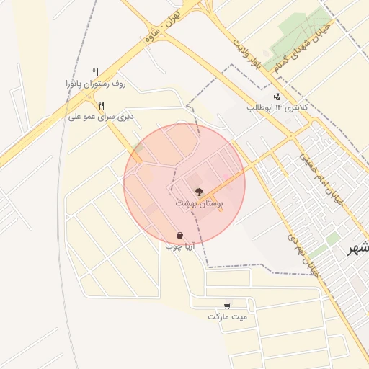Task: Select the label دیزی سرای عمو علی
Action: tap(102, 115)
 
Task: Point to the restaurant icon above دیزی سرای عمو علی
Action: tap(102, 105)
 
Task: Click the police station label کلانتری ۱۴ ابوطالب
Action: tap(277, 107)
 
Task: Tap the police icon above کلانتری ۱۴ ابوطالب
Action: tap(277, 97)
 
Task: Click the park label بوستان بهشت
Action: tap(200, 204)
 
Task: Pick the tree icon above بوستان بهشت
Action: tap(199, 192)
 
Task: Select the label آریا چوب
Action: tap(179, 246)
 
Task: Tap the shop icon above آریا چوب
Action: tap(179, 235)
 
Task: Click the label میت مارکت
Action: tap(227, 316)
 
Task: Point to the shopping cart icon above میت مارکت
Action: tap(228, 306)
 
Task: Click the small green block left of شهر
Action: tap(332, 238)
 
